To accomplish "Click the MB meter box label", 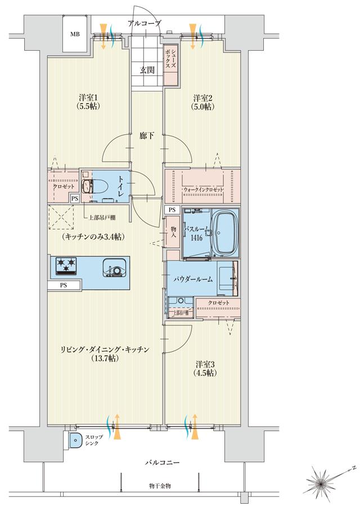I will point(75,34).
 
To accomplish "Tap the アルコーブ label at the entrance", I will point(145,23).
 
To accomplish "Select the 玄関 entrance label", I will point(147,70).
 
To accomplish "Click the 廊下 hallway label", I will point(147,136).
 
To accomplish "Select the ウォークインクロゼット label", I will point(204,190).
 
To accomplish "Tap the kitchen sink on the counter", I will point(114,268).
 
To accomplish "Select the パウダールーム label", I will point(192,279).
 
